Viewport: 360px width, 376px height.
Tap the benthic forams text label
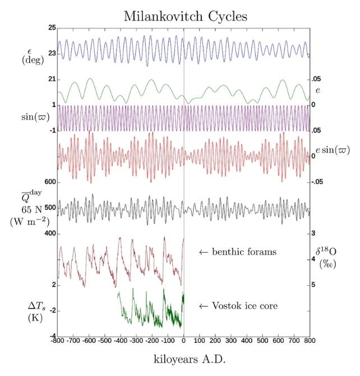pyautogui.click(x=244, y=252)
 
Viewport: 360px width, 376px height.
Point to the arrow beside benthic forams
pyautogui.click(x=204, y=253)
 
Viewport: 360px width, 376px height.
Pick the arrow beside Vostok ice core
pyautogui.click(x=204, y=306)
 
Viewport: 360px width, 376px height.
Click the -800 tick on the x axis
pyautogui.click(x=57, y=341)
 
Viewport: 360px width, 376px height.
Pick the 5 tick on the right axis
pyautogui.click(x=314, y=285)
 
